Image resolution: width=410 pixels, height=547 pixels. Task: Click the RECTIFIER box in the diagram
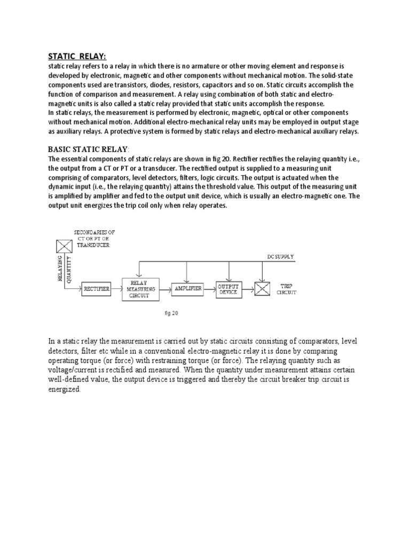(97, 289)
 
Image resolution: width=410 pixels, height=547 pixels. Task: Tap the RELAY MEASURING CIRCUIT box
(140, 289)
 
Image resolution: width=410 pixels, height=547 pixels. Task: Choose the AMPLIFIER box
(187, 289)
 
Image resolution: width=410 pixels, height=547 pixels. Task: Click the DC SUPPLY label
(280, 257)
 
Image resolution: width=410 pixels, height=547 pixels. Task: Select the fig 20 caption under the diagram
(171, 314)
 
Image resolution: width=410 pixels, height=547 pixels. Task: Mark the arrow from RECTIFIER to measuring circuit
(117, 289)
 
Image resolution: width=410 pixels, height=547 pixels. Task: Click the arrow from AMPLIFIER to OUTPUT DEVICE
(209, 289)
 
